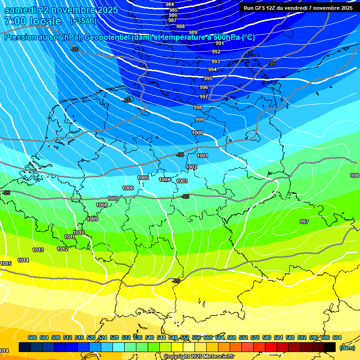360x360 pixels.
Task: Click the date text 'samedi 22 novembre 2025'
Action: click(61, 10)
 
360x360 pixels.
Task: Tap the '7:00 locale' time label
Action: click(32, 22)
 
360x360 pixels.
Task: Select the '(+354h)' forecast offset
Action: click(83, 21)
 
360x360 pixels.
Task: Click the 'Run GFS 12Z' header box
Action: click(298, 7)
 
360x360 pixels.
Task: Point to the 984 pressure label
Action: click(170, 4)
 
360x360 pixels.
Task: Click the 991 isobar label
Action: click(219, 44)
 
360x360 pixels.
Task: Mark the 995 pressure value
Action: click(208, 78)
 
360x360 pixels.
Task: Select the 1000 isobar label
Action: click(197, 133)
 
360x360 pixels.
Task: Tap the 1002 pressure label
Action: click(191, 167)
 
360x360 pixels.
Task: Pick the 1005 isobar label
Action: click(143, 178)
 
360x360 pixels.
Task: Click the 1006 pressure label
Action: click(128, 188)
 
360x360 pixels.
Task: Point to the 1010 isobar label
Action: click(79, 232)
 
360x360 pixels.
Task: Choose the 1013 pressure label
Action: click(38, 250)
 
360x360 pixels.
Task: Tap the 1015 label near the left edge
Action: click(6, 264)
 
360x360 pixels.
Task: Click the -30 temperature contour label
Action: click(180, 155)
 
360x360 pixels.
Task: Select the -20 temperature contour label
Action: click(176, 281)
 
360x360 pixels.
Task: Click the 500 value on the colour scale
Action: click(32, 337)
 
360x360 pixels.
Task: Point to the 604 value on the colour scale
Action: click(337, 337)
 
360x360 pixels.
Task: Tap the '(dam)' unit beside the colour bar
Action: click(347, 348)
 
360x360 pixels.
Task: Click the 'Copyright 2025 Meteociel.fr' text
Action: click(199, 356)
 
